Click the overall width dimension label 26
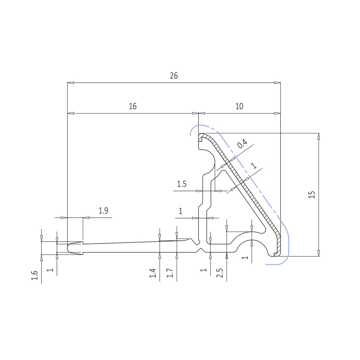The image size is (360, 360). click(174, 76)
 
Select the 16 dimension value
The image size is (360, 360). click(133, 106)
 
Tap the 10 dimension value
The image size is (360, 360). click(239, 106)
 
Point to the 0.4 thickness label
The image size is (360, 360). click(242, 144)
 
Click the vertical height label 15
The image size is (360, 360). click(311, 195)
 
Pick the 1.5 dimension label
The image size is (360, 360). click(181, 184)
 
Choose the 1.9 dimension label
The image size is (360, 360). click(103, 211)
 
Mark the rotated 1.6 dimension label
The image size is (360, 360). click(34, 275)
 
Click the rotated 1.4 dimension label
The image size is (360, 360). click(153, 273)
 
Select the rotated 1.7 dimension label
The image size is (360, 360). click(169, 273)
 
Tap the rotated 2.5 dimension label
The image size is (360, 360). click(220, 273)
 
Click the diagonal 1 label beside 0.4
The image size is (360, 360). click(255, 165)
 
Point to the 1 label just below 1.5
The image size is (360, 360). click(181, 211)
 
